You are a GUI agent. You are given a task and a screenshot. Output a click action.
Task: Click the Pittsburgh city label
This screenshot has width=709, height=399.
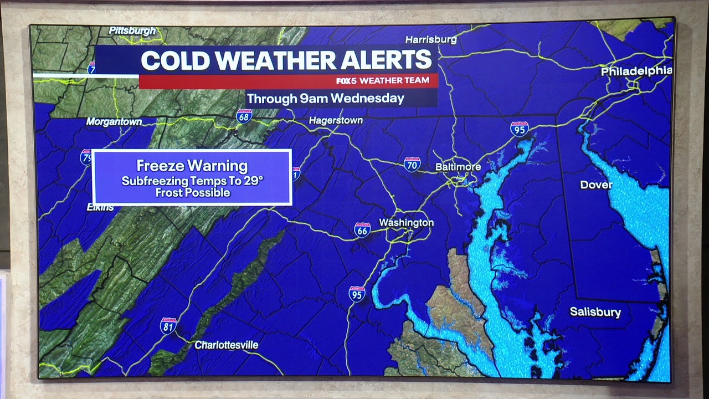[132, 31]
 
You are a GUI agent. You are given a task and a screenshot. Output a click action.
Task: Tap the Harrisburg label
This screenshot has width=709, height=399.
[431, 39]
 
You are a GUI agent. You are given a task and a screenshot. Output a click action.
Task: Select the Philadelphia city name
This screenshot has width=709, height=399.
[636, 71]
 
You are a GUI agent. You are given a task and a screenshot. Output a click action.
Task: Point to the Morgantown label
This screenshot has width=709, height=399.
[114, 121]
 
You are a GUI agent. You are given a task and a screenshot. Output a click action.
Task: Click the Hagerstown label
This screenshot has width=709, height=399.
[336, 120]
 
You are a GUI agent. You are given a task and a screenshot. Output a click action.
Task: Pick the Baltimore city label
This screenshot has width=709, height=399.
[458, 166]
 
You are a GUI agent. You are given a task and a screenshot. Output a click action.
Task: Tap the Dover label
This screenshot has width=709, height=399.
[596, 185]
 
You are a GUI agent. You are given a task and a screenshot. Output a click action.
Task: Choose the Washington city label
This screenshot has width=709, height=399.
[406, 223]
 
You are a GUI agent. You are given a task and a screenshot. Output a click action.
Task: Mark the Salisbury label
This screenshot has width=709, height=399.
[595, 312]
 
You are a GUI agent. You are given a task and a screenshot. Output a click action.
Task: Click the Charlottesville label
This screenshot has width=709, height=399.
[226, 345]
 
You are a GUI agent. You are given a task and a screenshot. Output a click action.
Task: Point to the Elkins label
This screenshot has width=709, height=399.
[100, 207]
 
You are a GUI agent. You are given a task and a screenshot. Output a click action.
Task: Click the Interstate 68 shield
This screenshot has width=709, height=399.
[244, 116]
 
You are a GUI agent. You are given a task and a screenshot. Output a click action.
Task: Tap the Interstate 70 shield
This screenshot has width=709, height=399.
[412, 164]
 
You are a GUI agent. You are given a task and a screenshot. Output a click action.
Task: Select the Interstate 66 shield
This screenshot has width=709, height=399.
[362, 229]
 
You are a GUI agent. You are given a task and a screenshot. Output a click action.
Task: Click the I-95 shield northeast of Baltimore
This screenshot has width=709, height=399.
[519, 129]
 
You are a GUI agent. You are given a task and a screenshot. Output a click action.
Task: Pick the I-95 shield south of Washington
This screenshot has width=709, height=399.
[357, 294]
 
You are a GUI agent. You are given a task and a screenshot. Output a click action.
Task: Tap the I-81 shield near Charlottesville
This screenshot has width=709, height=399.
[168, 325]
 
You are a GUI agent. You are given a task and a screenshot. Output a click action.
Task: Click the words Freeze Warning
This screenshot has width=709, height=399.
[192, 166]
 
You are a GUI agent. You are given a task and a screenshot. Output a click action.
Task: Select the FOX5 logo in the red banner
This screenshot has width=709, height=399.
[347, 81]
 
